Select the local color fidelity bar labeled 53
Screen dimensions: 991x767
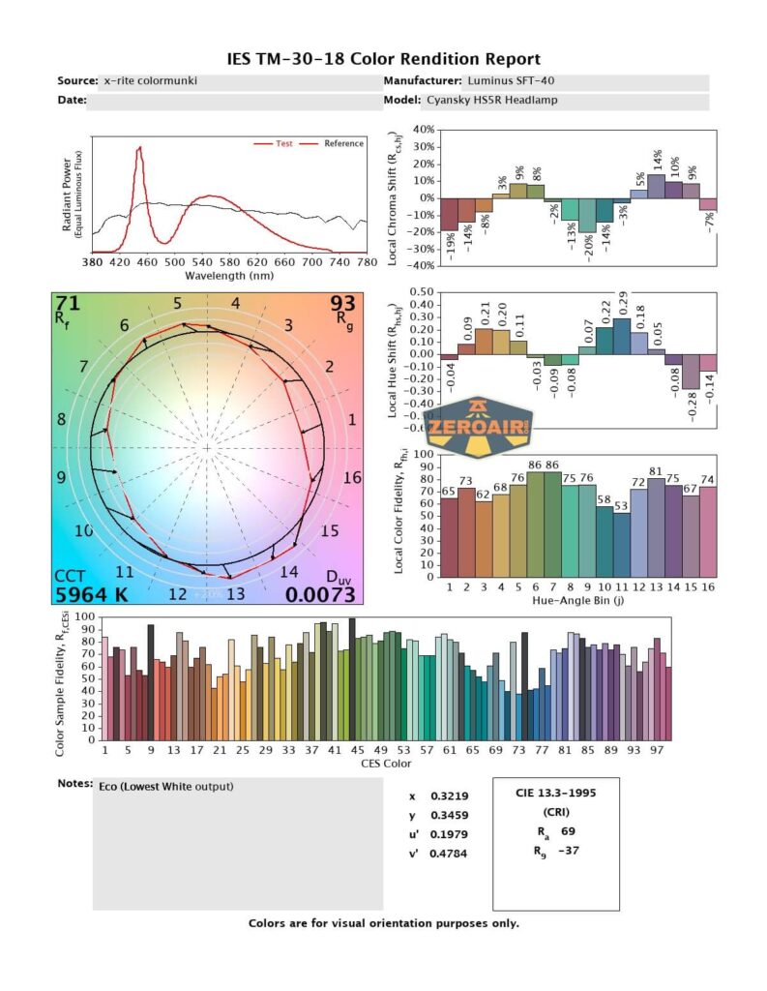coord(621,543)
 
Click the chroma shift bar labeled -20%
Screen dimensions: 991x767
coord(586,215)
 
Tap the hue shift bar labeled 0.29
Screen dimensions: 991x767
coord(621,335)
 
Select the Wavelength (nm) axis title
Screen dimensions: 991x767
coord(228,275)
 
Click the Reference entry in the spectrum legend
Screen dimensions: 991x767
coord(344,143)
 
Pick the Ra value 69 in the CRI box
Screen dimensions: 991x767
coord(568,830)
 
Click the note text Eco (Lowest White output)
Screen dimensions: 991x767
coord(166,787)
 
